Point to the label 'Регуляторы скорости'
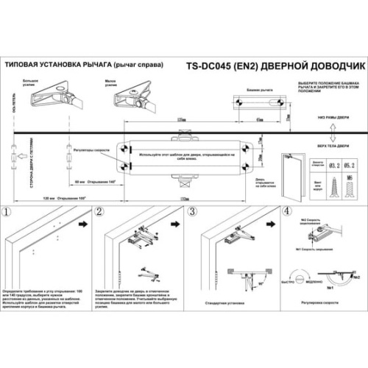point(93,149)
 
